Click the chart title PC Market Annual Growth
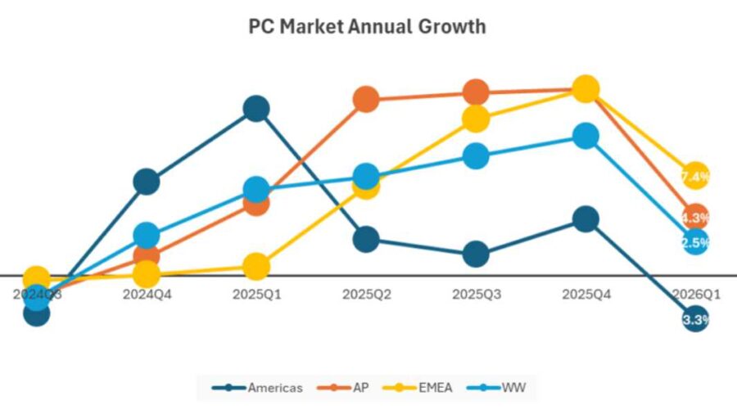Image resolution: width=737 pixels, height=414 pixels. pos(367,26)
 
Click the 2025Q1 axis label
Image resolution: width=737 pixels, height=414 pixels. pos(257,293)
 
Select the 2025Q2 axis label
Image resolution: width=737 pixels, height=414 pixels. pos(366,293)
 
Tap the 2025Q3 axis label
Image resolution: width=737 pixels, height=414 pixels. pos(476,293)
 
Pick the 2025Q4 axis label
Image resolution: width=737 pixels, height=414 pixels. pos(586,293)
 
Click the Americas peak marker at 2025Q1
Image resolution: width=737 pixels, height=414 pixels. pos(256,108)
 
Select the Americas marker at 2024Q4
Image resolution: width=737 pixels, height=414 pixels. pos(146,182)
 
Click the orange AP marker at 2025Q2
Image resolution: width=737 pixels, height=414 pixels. pos(366,99)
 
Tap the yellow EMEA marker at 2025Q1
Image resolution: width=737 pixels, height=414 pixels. pos(256,266)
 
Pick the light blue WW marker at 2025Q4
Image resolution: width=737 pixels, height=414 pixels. pos(586,136)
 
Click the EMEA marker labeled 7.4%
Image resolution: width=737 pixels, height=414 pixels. pos(694,176)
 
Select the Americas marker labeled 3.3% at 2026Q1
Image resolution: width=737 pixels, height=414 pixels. pos(694,319)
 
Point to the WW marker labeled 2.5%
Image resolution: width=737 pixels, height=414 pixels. pos(694,242)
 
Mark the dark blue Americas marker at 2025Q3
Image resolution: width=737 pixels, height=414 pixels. pos(476,254)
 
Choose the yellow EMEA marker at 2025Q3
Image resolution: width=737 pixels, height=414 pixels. pos(476,119)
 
